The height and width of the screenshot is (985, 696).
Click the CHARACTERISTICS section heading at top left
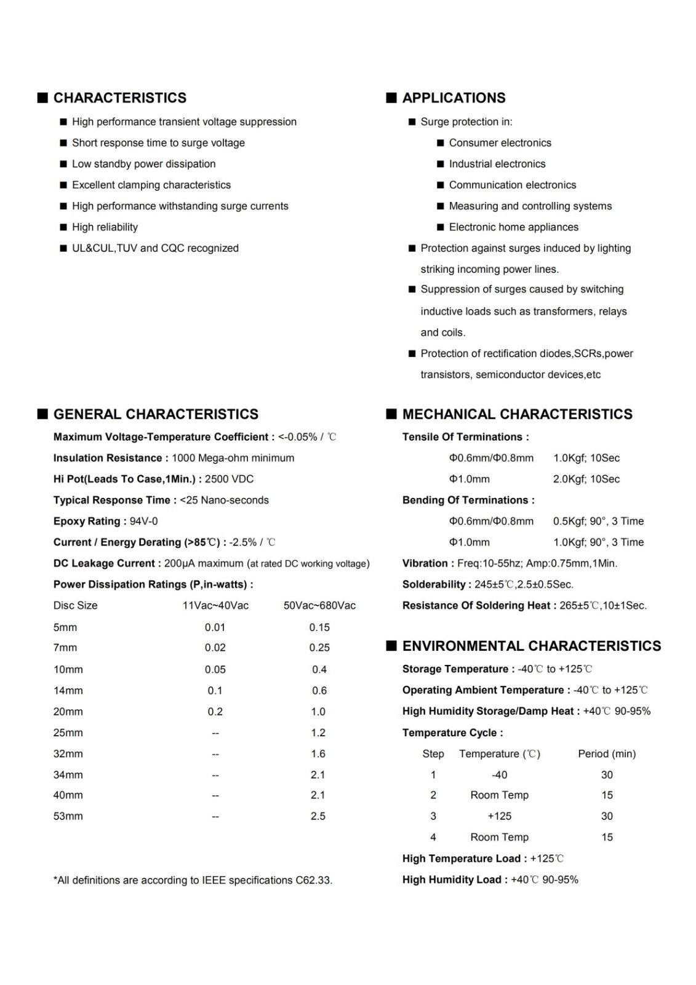click(x=119, y=98)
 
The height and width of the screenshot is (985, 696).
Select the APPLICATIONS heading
click(x=454, y=98)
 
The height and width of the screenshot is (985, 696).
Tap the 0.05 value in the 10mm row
click(x=215, y=669)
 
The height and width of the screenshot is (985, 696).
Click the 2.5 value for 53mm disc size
click(x=318, y=816)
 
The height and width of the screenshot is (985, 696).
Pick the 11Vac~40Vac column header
click(x=215, y=605)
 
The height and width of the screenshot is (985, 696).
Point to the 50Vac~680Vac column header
click(x=319, y=605)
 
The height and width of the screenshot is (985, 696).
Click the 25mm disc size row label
click(x=68, y=733)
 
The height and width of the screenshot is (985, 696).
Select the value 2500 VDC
click(x=229, y=479)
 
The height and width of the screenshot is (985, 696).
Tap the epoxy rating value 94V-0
click(x=143, y=521)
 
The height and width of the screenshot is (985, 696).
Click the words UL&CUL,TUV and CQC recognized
click(x=155, y=248)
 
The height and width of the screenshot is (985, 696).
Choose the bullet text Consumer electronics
click(x=500, y=143)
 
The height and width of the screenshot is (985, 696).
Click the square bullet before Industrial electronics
click(x=440, y=164)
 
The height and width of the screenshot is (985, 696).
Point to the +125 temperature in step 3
click(x=499, y=816)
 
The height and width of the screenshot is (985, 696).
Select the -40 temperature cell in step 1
click(x=499, y=774)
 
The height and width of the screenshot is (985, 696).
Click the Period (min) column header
click(x=607, y=754)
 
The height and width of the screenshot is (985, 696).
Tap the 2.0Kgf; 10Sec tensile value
click(x=586, y=479)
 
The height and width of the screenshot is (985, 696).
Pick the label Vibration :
click(x=428, y=563)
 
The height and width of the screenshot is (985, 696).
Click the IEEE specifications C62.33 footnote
click(x=193, y=880)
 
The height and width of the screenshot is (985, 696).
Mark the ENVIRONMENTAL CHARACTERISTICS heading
click(x=531, y=646)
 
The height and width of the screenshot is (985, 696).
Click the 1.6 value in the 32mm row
click(x=318, y=754)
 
